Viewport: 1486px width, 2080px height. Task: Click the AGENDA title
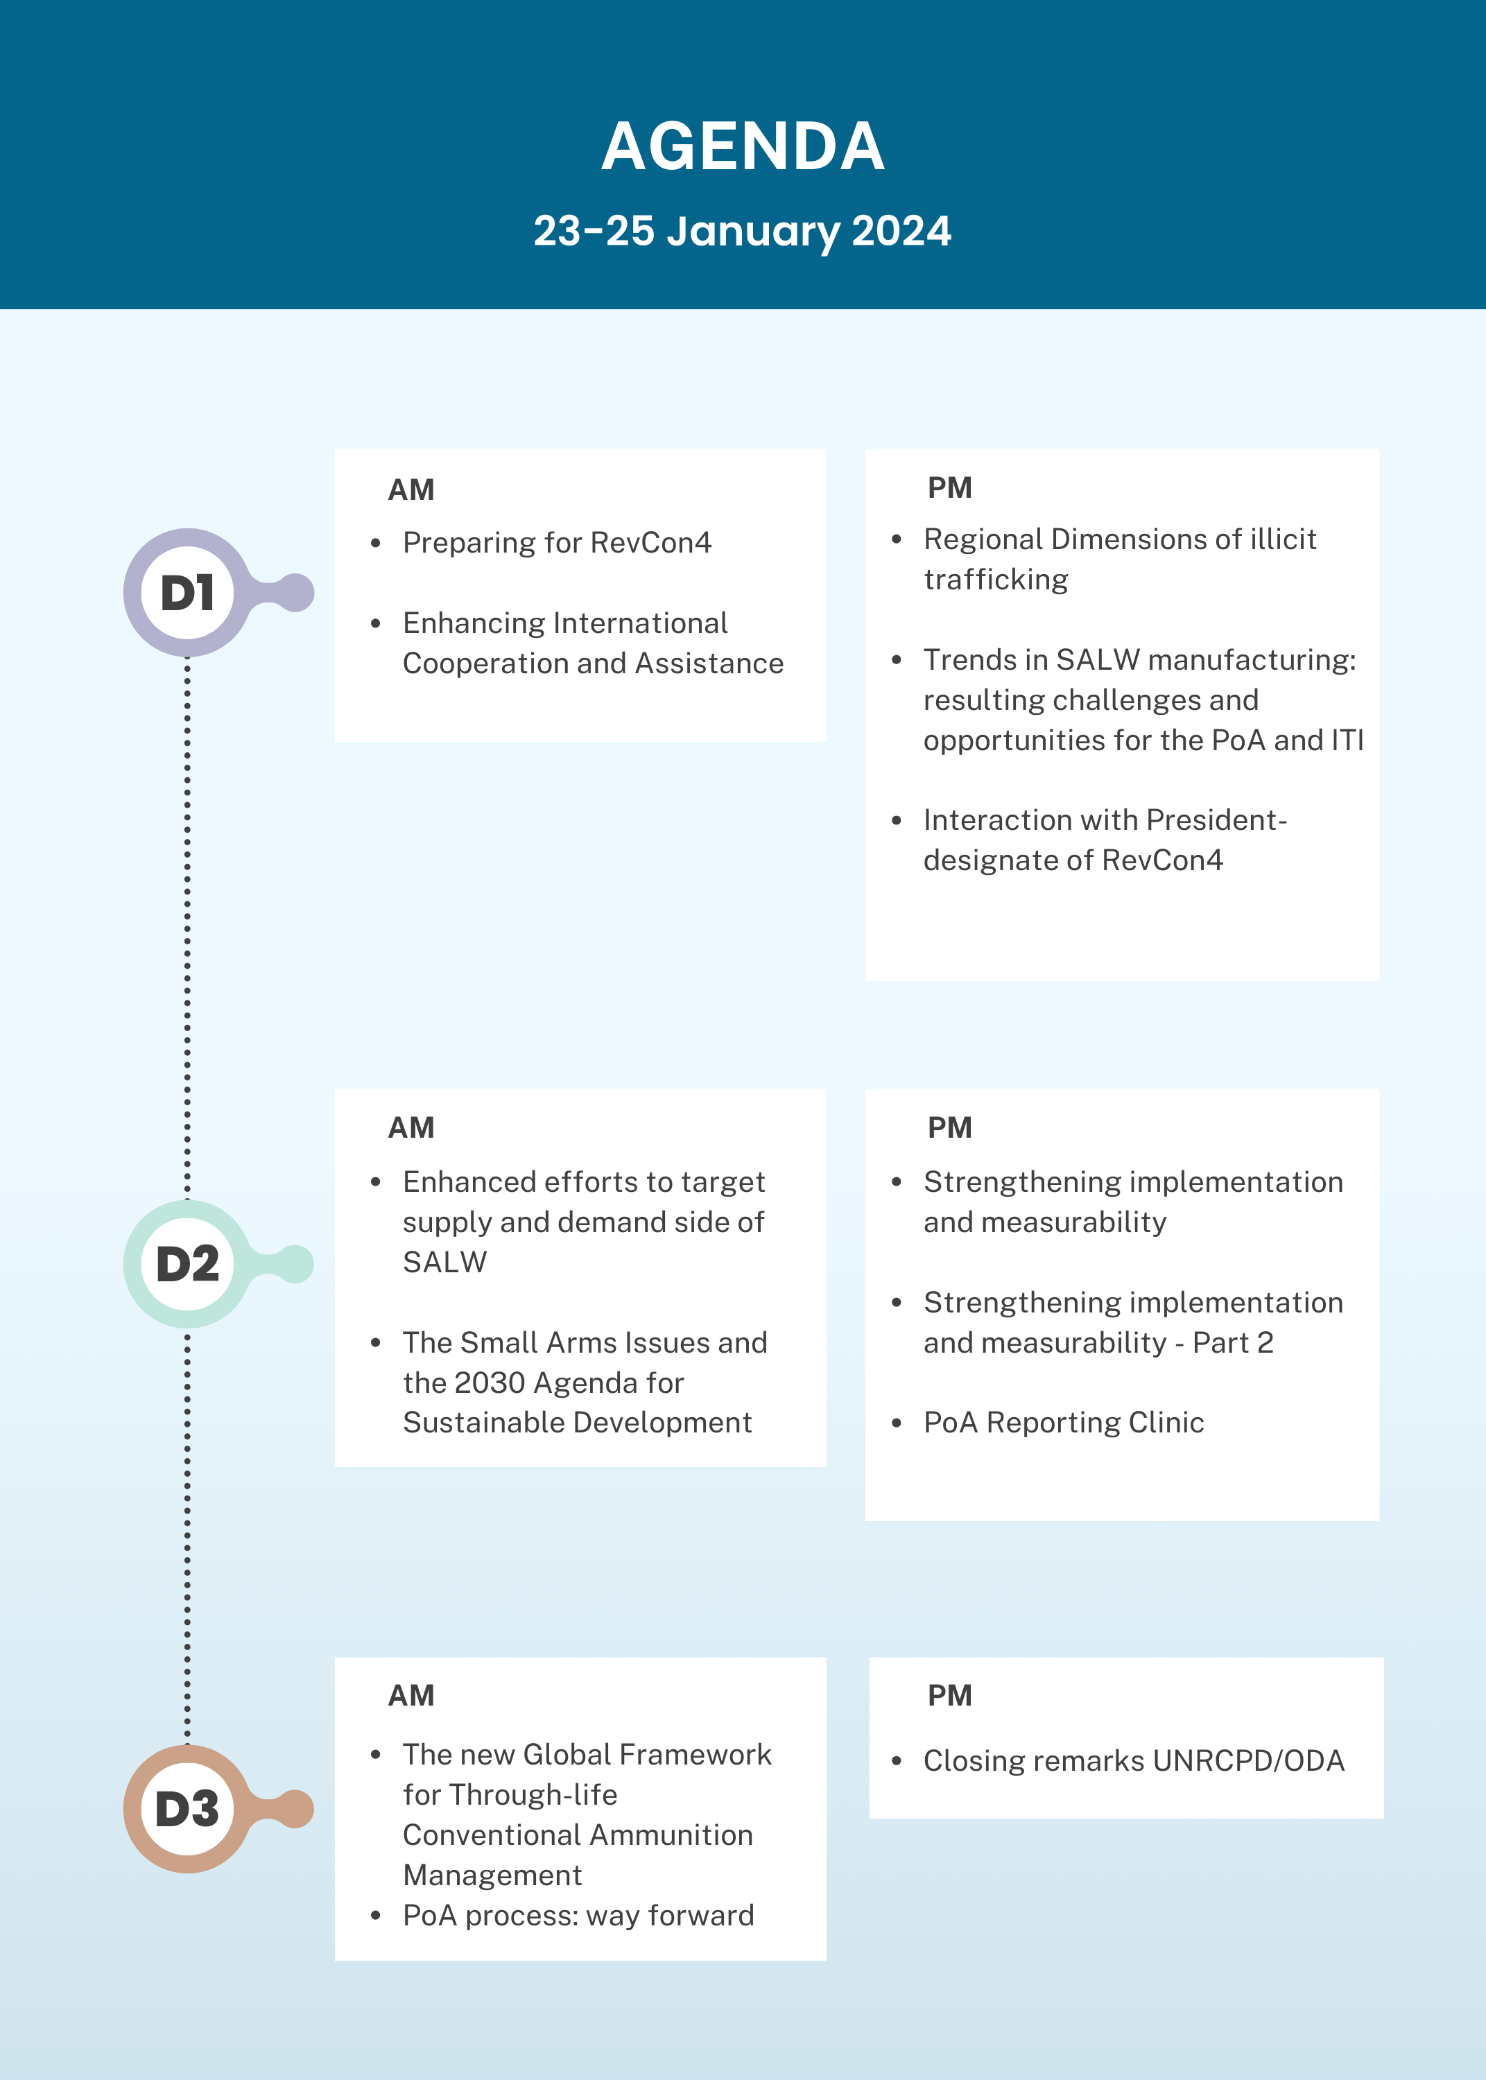[x=743, y=146]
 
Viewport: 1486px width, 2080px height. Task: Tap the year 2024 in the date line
[x=901, y=230]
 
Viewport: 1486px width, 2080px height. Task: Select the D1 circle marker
[x=188, y=593]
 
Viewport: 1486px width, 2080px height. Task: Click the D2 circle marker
[x=188, y=1264]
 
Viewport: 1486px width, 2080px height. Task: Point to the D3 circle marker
[x=188, y=1809]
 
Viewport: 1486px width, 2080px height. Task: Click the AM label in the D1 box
[x=411, y=490]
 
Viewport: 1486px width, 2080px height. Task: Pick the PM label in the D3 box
[x=950, y=1696]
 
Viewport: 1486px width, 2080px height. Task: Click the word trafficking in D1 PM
[x=996, y=580]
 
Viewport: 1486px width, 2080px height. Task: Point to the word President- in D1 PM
[x=1216, y=820]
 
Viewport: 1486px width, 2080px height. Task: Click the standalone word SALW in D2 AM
[x=444, y=1263]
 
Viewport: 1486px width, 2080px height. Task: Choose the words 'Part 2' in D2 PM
[x=1232, y=1343]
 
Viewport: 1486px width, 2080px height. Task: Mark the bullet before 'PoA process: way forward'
[x=375, y=1916]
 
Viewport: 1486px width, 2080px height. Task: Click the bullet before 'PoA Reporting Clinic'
[x=897, y=1422]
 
